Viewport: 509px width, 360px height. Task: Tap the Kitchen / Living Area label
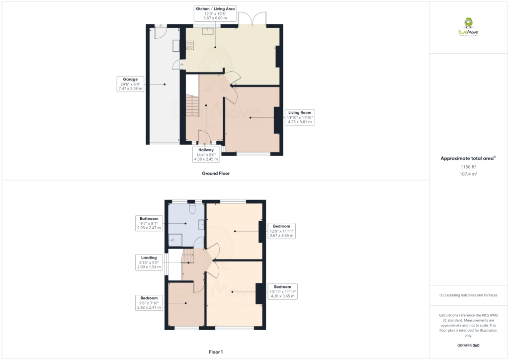(215, 13)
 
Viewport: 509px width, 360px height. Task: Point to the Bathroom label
(149, 223)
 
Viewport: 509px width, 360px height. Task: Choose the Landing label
(149, 263)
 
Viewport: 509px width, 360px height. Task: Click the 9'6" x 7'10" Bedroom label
(149, 303)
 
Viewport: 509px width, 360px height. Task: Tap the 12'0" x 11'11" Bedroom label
(281, 231)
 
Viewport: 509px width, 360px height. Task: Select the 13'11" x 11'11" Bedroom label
(282, 291)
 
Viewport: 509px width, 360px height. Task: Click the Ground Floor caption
(216, 174)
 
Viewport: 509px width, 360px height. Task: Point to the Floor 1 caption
(216, 352)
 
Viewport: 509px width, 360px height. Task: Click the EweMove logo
(468, 27)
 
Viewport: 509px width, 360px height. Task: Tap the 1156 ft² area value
(468, 168)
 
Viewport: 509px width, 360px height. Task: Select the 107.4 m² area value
(468, 175)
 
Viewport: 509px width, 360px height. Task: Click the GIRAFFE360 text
(468, 345)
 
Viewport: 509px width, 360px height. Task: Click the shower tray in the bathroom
(175, 241)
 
